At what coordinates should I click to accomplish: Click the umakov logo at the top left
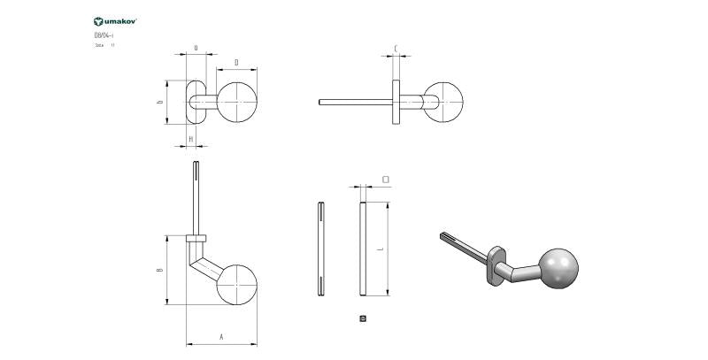(115, 19)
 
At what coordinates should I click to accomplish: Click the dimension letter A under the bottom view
(220, 337)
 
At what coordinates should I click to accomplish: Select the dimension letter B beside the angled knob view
(160, 270)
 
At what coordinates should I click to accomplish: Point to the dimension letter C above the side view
(395, 49)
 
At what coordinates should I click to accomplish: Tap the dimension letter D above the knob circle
(236, 62)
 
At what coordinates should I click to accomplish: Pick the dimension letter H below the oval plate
(191, 139)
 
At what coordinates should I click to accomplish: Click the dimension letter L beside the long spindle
(381, 249)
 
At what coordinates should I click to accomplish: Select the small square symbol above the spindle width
(385, 179)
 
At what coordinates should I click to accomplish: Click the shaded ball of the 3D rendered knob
(558, 267)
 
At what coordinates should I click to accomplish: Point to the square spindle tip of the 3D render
(444, 236)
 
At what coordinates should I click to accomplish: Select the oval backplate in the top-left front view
(196, 102)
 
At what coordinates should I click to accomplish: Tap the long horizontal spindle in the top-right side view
(354, 102)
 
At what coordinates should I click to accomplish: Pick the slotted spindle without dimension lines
(319, 249)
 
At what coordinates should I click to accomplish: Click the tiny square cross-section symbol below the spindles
(363, 317)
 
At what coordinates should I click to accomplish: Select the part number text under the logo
(104, 34)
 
